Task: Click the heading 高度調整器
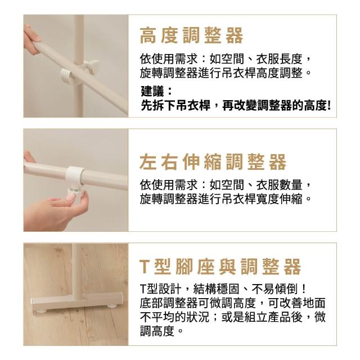coord(191,35)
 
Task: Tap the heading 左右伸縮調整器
coord(213,162)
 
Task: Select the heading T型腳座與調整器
coord(220,266)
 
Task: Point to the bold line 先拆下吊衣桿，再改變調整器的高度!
coord(236,106)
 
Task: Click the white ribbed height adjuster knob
coord(66,76)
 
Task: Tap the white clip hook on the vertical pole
coord(91,66)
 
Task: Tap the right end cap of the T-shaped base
coord(120,298)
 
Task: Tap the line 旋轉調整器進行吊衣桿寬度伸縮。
coord(226,199)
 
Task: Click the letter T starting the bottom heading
coord(145,267)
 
